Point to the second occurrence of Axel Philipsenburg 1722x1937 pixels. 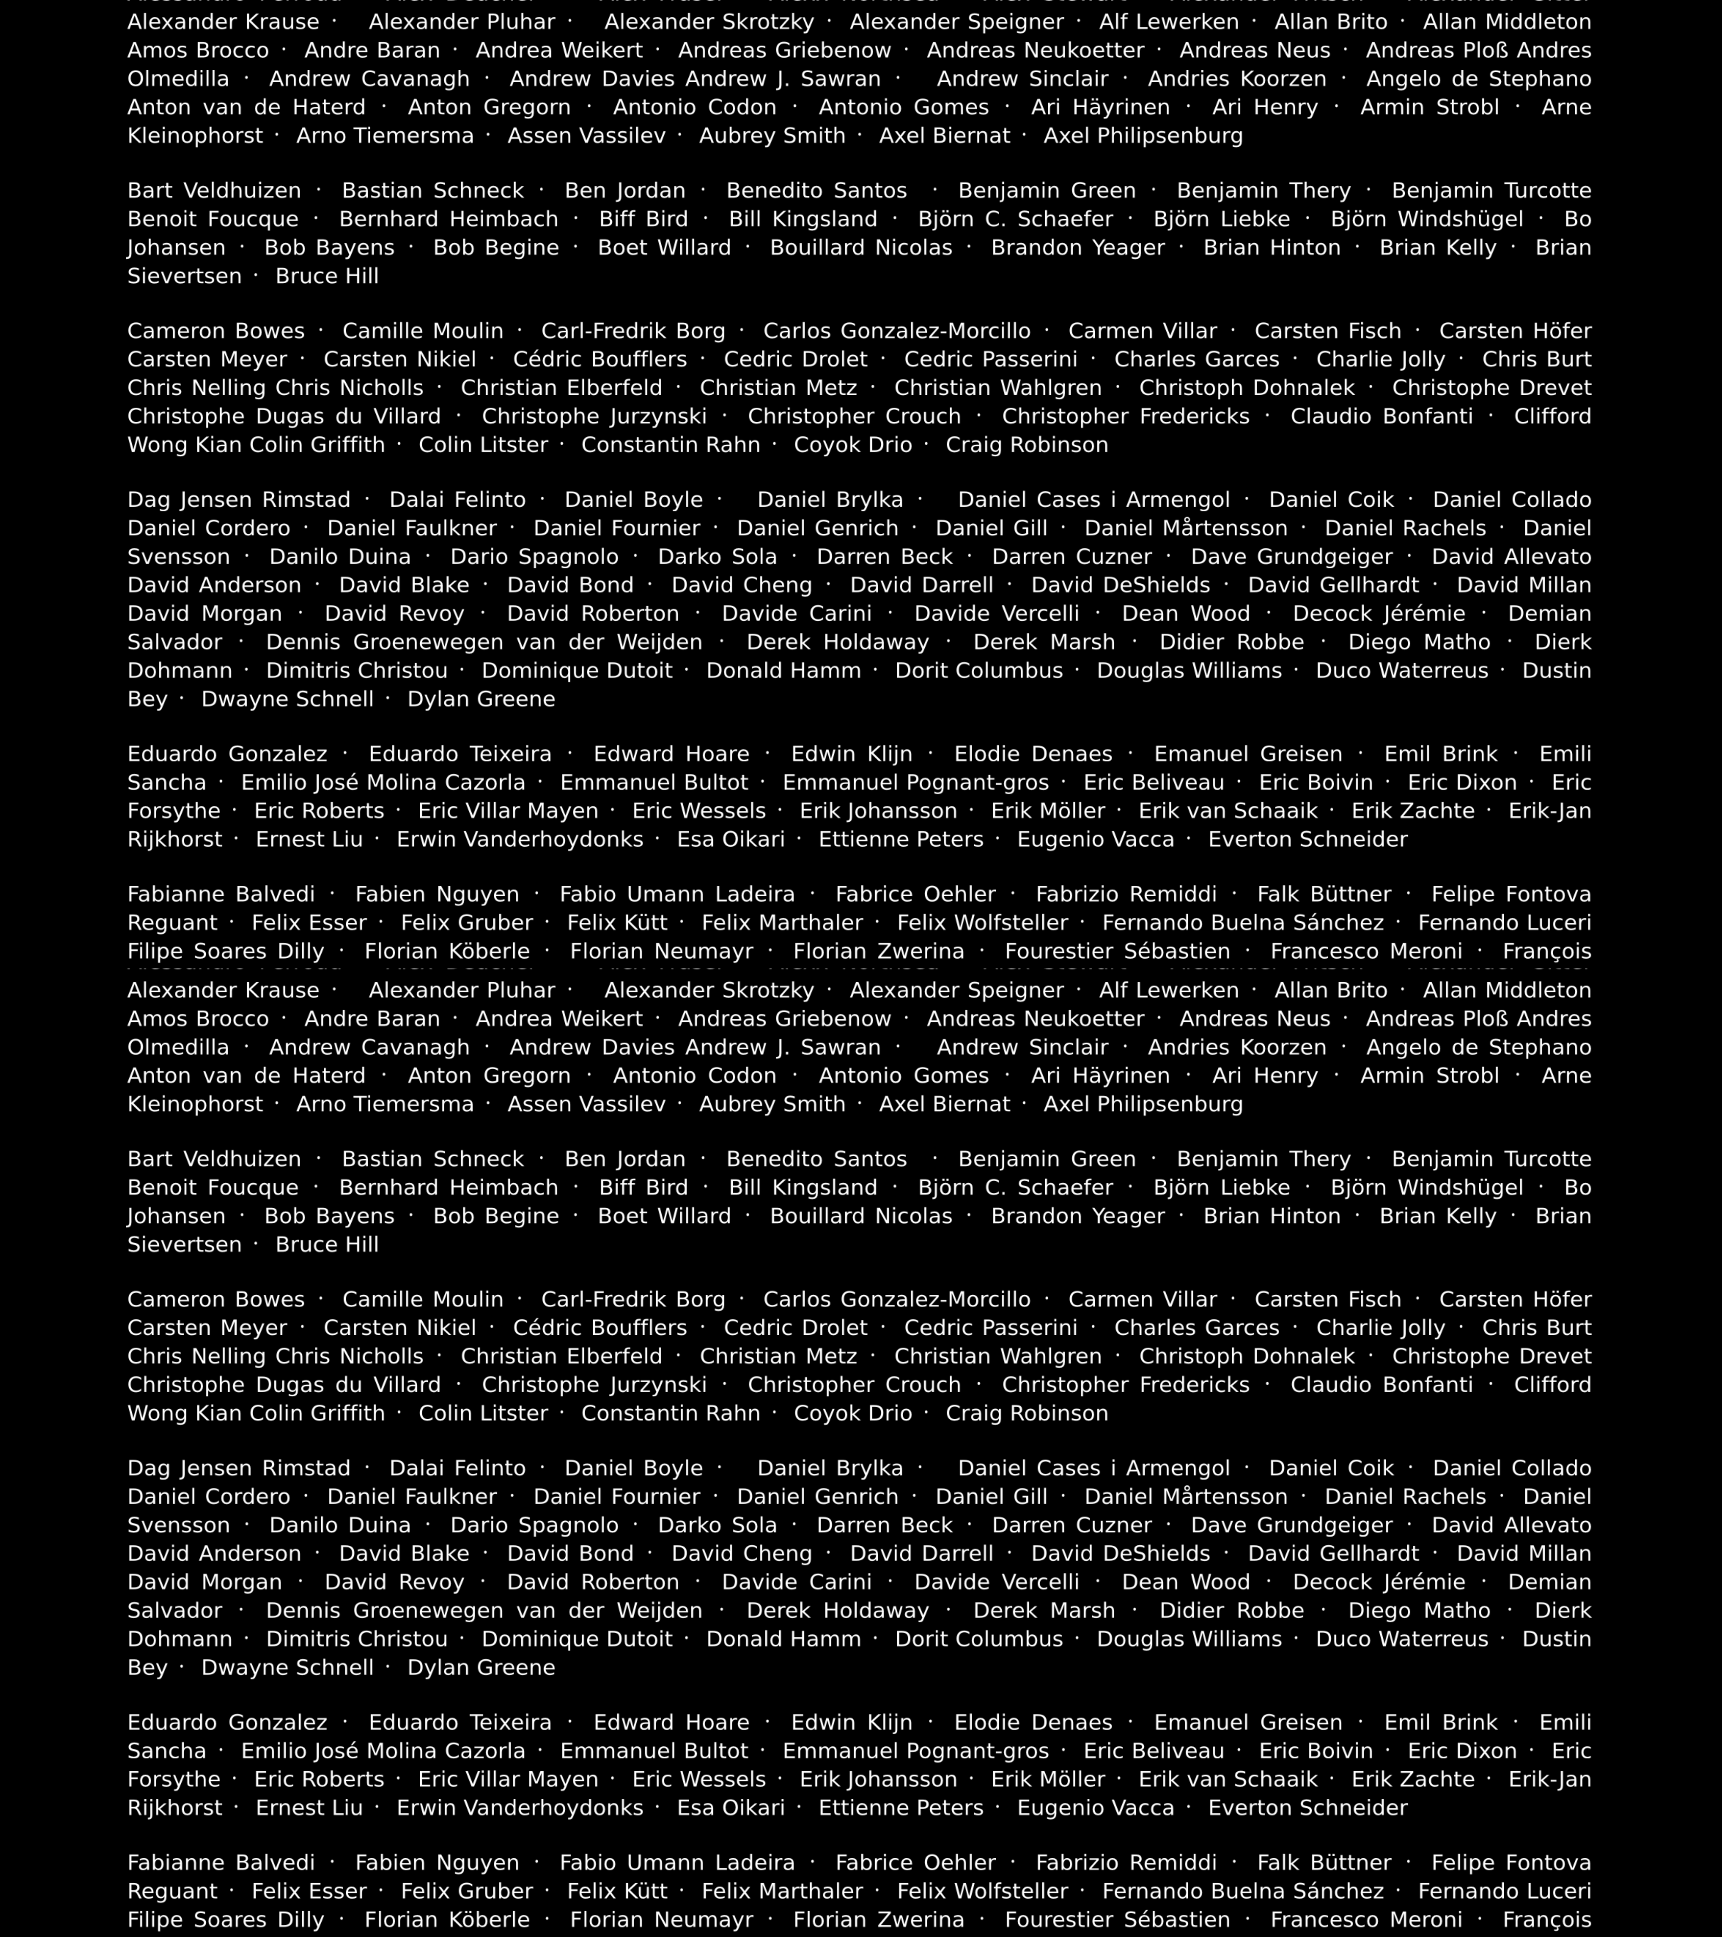tap(1143, 1104)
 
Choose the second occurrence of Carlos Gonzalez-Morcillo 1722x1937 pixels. tap(897, 1299)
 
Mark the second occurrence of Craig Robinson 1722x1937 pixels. tap(1026, 1413)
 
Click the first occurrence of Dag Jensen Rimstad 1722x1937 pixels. tap(239, 499)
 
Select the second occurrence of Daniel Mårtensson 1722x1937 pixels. tap(1186, 1496)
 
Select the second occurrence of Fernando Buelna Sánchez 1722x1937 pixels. tap(1242, 1891)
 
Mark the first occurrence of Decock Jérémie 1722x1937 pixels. tap(1378, 613)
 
